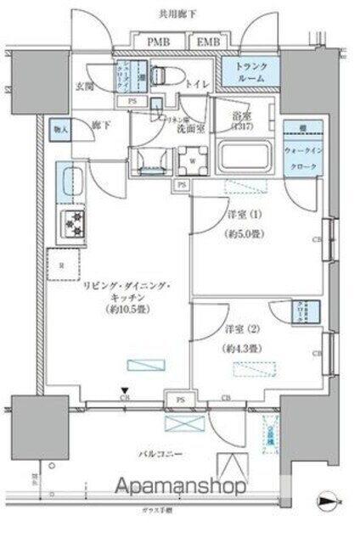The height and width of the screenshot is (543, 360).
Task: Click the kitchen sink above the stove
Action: (69, 181)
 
